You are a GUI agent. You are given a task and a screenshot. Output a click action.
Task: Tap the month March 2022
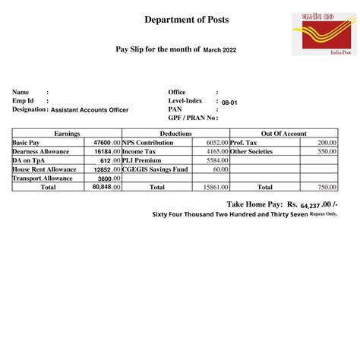point(220,50)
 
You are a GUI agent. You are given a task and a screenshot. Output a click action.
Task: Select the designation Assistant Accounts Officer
point(90,110)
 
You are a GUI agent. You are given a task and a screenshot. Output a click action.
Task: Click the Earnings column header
point(67,134)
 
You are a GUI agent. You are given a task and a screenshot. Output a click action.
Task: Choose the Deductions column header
point(175,134)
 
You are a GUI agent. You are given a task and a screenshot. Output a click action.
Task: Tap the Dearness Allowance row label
point(39,152)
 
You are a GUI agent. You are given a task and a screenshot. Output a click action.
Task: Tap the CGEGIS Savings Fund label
point(155,169)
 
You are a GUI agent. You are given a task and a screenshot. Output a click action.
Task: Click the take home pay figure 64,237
point(310,205)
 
